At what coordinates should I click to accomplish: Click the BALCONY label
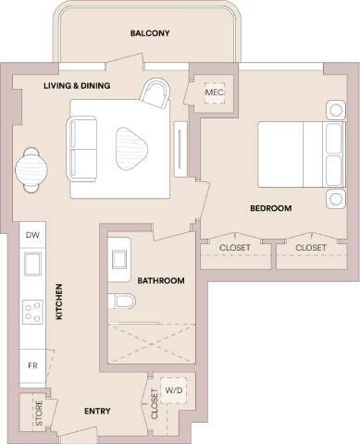coord(150,34)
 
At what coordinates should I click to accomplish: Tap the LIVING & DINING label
coord(77,86)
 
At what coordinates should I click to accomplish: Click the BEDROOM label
coord(270,209)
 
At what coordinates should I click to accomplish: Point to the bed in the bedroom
coord(294,154)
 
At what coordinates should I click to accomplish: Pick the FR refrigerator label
coord(31,366)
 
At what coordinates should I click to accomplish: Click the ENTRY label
coord(98,412)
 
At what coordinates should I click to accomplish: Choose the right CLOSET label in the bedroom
coord(311,248)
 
